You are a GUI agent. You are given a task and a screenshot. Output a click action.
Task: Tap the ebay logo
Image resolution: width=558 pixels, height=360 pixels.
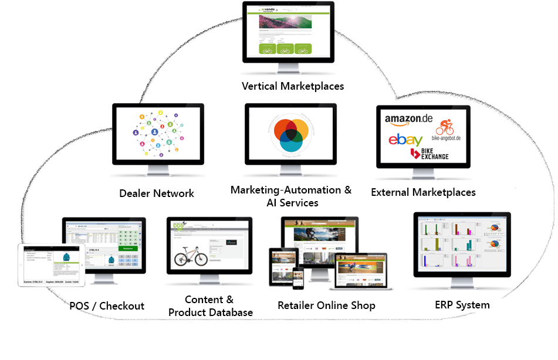point(405,140)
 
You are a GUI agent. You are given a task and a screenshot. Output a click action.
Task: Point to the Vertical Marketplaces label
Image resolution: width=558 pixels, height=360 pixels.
point(293,86)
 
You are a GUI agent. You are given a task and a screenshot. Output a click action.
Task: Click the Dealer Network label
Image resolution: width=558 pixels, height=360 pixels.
point(157,193)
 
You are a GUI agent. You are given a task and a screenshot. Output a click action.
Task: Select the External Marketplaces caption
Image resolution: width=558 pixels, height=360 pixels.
point(423,192)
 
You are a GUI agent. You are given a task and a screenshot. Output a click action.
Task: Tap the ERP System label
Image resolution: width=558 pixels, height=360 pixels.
point(462,304)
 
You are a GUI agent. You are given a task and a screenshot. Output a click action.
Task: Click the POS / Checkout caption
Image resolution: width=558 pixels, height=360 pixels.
point(107,306)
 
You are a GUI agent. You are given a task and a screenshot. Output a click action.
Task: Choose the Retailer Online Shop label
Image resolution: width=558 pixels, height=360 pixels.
point(326,305)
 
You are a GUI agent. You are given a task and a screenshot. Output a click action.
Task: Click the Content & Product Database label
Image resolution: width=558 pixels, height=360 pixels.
point(210,306)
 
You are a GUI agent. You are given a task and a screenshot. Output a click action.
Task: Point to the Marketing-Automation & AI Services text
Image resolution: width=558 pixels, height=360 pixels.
point(291,196)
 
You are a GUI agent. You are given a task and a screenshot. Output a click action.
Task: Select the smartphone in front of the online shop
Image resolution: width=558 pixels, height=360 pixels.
point(299,278)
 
